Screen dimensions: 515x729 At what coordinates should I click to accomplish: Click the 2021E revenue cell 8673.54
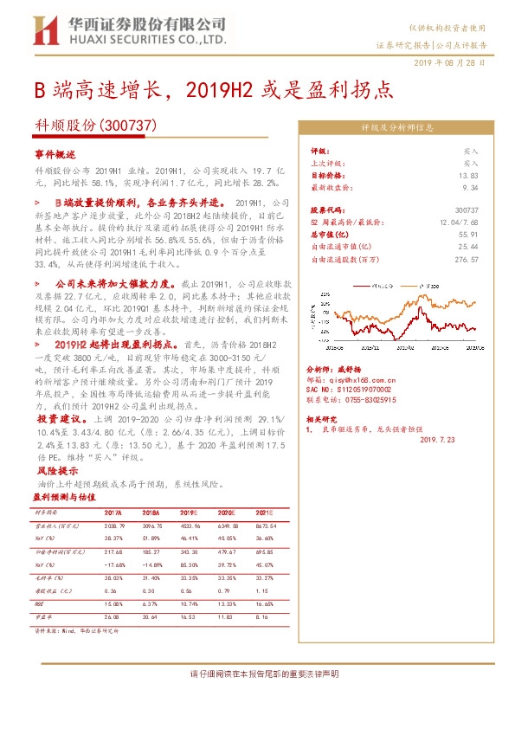click(x=265, y=526)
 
